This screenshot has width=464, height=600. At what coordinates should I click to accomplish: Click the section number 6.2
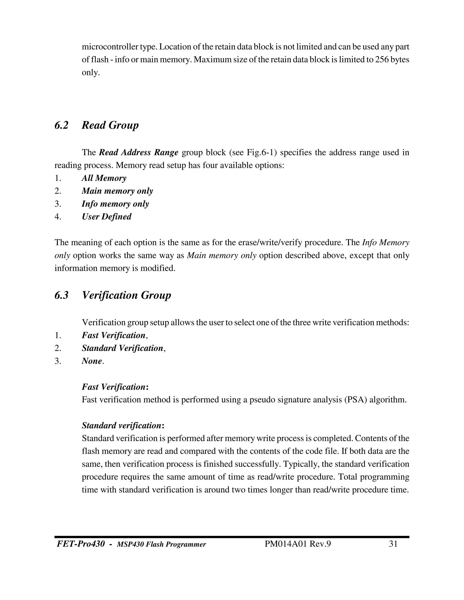[61, 125]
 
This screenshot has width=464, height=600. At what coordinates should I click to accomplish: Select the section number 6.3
[61, 295]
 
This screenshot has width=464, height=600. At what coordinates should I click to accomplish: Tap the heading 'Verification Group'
[126, 295]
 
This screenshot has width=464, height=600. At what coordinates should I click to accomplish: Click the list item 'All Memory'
[104, 178]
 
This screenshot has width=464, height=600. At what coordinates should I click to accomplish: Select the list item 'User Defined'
[106, 217]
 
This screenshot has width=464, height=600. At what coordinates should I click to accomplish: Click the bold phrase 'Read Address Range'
[138, 152]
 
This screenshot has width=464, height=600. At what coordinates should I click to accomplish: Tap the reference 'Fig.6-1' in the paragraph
[261, 152]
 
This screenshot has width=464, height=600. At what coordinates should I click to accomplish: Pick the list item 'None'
[92, 361]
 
